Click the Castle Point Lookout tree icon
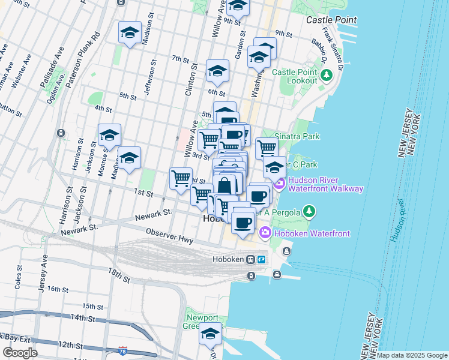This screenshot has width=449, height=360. (x=327, y=76)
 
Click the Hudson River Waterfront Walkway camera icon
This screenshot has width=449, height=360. (x=279, y=184)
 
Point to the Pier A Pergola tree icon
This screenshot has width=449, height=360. (x=309, y=211)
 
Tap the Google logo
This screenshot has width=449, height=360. (x=20, y=353)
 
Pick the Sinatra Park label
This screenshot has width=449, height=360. (x=297, y=136)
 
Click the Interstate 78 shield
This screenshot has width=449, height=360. (x=123, y=350)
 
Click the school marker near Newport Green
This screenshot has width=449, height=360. (x=211, y=334)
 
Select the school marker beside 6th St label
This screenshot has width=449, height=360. (x=217, y=71)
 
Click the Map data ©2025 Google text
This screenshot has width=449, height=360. (x=412, y=355)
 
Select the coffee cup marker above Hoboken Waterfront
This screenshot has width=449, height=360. (x=243, y=223)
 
